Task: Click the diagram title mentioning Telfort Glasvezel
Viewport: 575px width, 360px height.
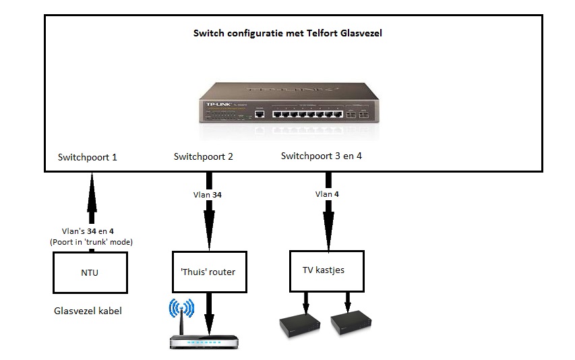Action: (x=287, y=33)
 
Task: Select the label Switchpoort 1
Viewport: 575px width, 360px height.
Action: (x=88, y=157)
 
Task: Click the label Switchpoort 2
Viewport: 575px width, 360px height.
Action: (x=203, y=156)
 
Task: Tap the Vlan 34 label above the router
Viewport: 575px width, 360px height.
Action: (x=208, y=195)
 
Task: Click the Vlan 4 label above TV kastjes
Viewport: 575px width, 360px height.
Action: (x=327, y=194)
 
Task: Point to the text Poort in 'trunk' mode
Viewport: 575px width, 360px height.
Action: (x=90, y=242)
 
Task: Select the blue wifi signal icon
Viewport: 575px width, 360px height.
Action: (x=181, y=309)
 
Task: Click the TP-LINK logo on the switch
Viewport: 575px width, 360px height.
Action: (x=220, y=105)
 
